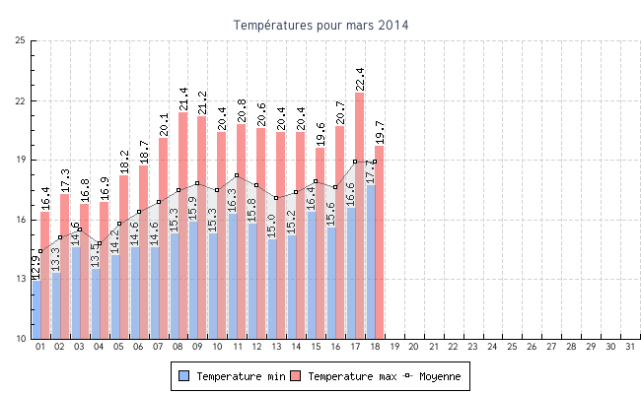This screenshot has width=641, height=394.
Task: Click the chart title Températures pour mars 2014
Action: tap(320, 24)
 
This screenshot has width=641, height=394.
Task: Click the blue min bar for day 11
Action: tap(233, 276)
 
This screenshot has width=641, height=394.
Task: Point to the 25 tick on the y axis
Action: tap(21, 41)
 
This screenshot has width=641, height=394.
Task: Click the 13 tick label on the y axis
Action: tap(21, 279)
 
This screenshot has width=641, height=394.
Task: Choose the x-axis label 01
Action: tap(40, 347)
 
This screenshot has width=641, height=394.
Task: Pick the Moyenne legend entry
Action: tap(431, 376)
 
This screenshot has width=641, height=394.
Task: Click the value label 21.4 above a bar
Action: tap(183, 98)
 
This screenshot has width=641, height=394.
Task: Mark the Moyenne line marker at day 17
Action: tap(355, 162)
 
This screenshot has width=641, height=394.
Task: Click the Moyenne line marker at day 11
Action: tap(238, 175)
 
